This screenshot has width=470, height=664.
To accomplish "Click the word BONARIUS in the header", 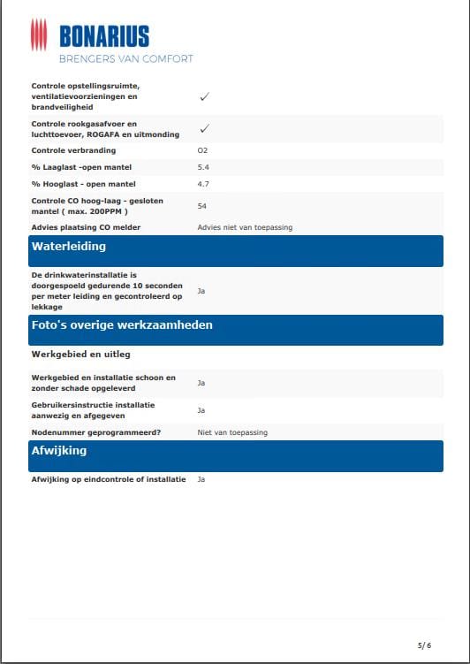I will [x=104, y=36].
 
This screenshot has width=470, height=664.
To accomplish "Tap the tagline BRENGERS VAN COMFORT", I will [x=125, y=59].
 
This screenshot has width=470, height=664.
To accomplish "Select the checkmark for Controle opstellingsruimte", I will [x=204, y=96].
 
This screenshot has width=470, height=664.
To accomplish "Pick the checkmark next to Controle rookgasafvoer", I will [x=204, y=129].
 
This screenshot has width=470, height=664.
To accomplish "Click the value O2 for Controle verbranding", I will [x=202, y=151].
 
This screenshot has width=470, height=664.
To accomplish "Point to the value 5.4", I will [x=202, y=167].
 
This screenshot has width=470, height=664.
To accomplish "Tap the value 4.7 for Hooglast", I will [x=202, y=184].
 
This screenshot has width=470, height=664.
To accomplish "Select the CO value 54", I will [x=201, y=205].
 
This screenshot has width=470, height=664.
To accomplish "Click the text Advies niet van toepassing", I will [x=244, y=227].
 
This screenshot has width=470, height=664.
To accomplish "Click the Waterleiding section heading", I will [x=69, y=247].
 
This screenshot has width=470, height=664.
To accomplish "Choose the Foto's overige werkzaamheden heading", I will [x=122, y=325].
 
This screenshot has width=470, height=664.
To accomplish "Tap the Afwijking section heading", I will [x=59, y=451].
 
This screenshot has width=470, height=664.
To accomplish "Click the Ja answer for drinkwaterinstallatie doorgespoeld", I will [x=201, y=291].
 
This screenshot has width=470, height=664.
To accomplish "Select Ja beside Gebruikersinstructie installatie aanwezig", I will [x=201, y=410].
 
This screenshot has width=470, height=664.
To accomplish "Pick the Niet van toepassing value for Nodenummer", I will [x=231, y=432].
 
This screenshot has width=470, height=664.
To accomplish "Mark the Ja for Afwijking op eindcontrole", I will [x=201, y=479].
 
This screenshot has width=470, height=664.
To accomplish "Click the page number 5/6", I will [x=424, y=645].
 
